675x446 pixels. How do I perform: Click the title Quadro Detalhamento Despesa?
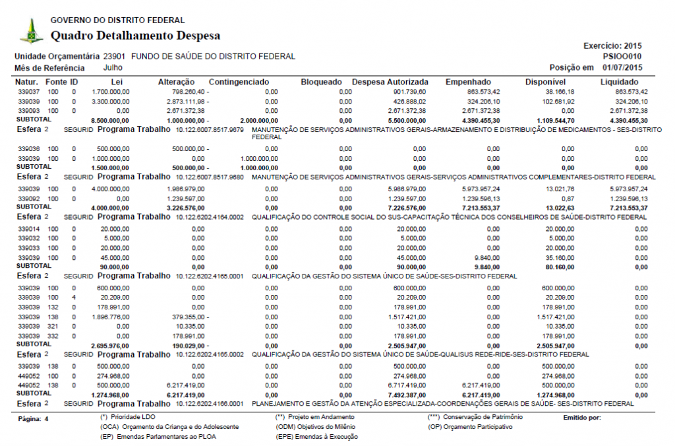(135, 36)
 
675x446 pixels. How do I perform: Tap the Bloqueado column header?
(321, 82)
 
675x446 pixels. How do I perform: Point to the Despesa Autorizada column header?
(390, 82)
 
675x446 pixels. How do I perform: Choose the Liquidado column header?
(624, 82)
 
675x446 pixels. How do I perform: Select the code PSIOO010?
(622, 57)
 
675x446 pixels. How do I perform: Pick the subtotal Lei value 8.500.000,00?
(108, 121)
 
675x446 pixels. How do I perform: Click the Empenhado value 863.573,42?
(479, 92)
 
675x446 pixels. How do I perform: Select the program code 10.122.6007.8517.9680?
(210, 177)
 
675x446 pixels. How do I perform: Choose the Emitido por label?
(583, 418)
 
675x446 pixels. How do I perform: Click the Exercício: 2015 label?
(612, 46)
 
